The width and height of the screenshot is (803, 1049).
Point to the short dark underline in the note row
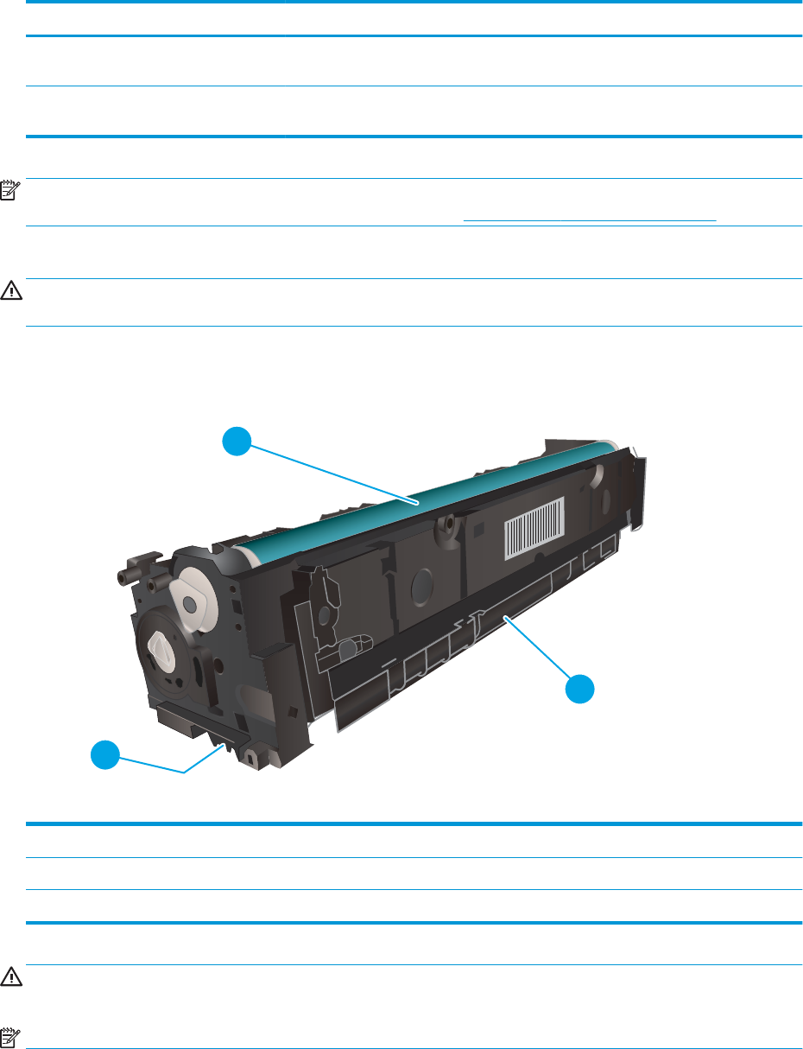(590, 220)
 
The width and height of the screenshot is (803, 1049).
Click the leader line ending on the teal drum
(328, 472)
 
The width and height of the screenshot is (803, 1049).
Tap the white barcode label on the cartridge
(534, 525)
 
